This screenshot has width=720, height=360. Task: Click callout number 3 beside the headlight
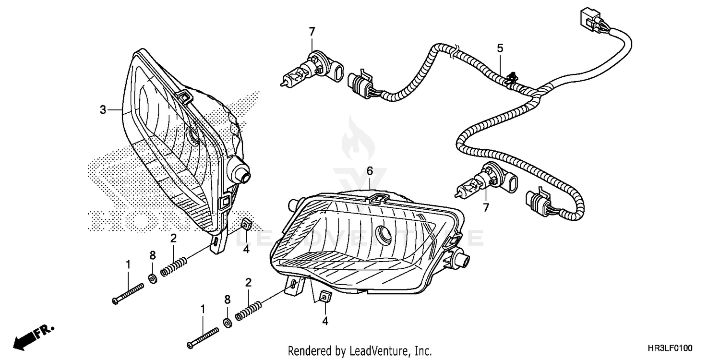(102, 110)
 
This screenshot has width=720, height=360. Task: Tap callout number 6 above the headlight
(370, 171)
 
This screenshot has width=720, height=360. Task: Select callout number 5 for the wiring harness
(500, 48)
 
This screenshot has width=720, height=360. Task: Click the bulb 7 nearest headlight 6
(480, 183)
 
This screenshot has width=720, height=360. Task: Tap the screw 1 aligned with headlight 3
(128, 293)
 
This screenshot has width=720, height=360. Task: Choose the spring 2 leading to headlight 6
(248, 311)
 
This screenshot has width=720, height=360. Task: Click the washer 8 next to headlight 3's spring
(152, 279)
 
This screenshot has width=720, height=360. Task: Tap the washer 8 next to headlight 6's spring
(228, 322)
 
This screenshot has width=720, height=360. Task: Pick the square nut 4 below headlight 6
(325, 298)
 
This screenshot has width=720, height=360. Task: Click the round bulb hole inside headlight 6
(385, 234)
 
